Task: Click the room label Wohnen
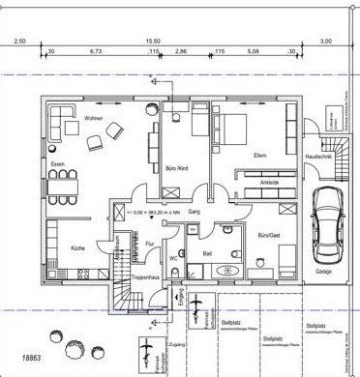tap(93, 119)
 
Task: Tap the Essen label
tap(58, 164)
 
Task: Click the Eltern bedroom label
tap(259, 155)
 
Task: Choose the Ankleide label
tap(270, 182)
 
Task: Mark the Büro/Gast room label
tap(267, 235)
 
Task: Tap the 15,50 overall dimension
tap(153, 42)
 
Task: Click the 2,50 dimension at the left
tap(19, 42)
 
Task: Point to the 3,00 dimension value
tap(325, 42)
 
